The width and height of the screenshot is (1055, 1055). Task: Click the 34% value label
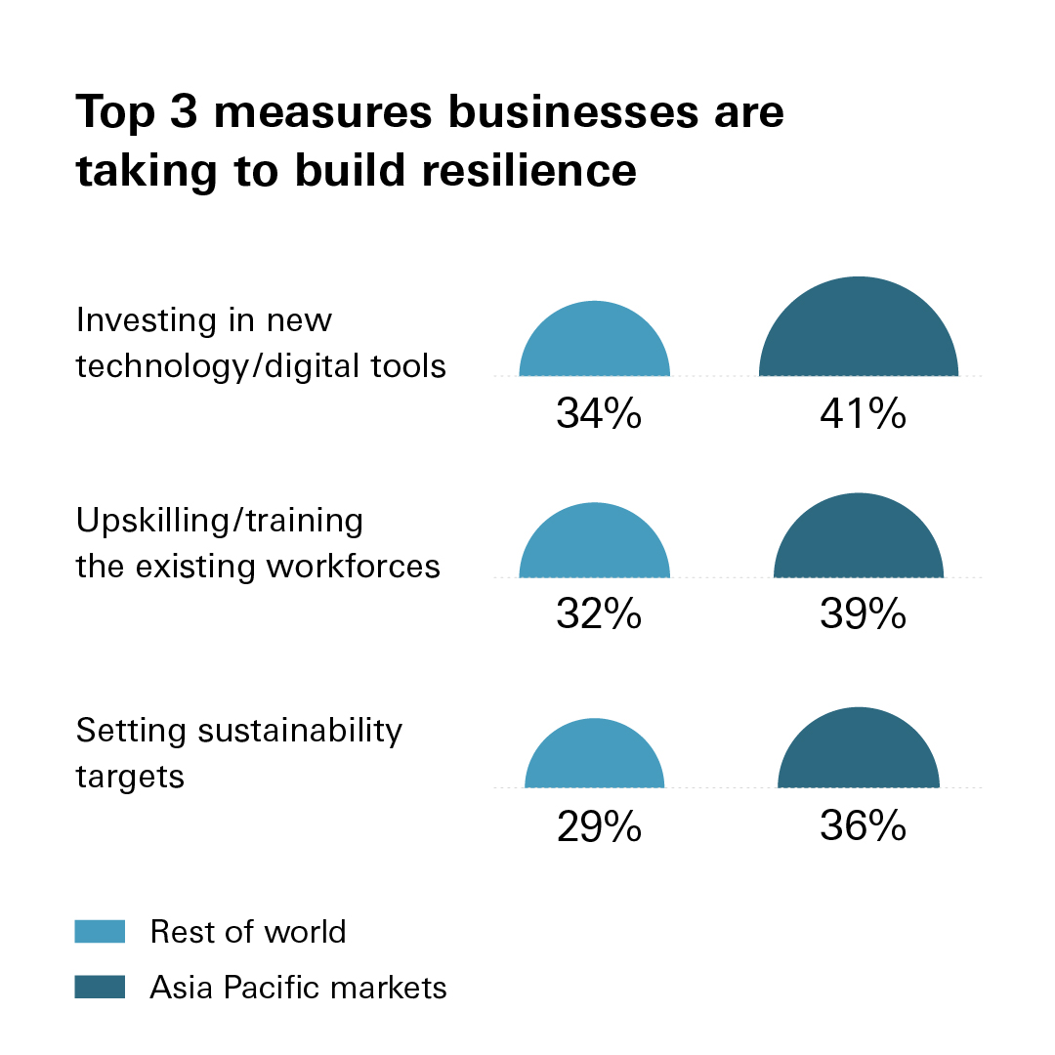pyautogui.click(x=598, y=414)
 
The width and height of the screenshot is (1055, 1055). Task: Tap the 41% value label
pyautogui.click(x=863, y=414)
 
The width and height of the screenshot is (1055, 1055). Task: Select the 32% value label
pyautogui.click(x=598, y=614)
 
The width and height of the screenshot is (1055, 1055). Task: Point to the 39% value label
pyautogui.click(x=863, y=614)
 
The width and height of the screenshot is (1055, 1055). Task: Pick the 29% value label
pyautogui.click(x=598, y=827)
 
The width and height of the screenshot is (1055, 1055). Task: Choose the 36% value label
pyautogui.click(x=863, y=827)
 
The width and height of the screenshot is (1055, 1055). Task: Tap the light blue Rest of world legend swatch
pyautogui.click(x=100, y=931)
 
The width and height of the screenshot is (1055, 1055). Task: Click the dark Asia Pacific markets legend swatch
pyautogui.click(x=100, y=987)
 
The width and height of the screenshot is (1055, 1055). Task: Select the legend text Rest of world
pyautogui.click(x=248, y=932)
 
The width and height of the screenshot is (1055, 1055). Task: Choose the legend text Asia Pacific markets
pyautogui.click(x=298, y=988)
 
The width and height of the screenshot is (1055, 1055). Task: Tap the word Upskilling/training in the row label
pyautogui.click(x=220, y=521)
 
